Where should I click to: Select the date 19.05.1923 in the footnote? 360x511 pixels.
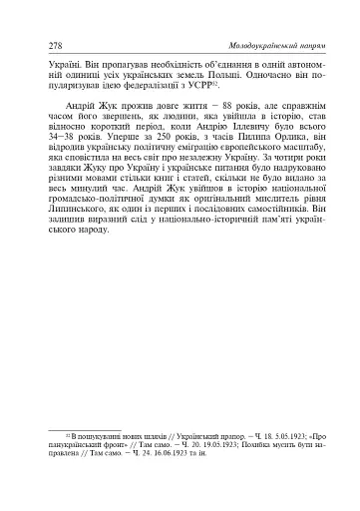click(191, 449)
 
